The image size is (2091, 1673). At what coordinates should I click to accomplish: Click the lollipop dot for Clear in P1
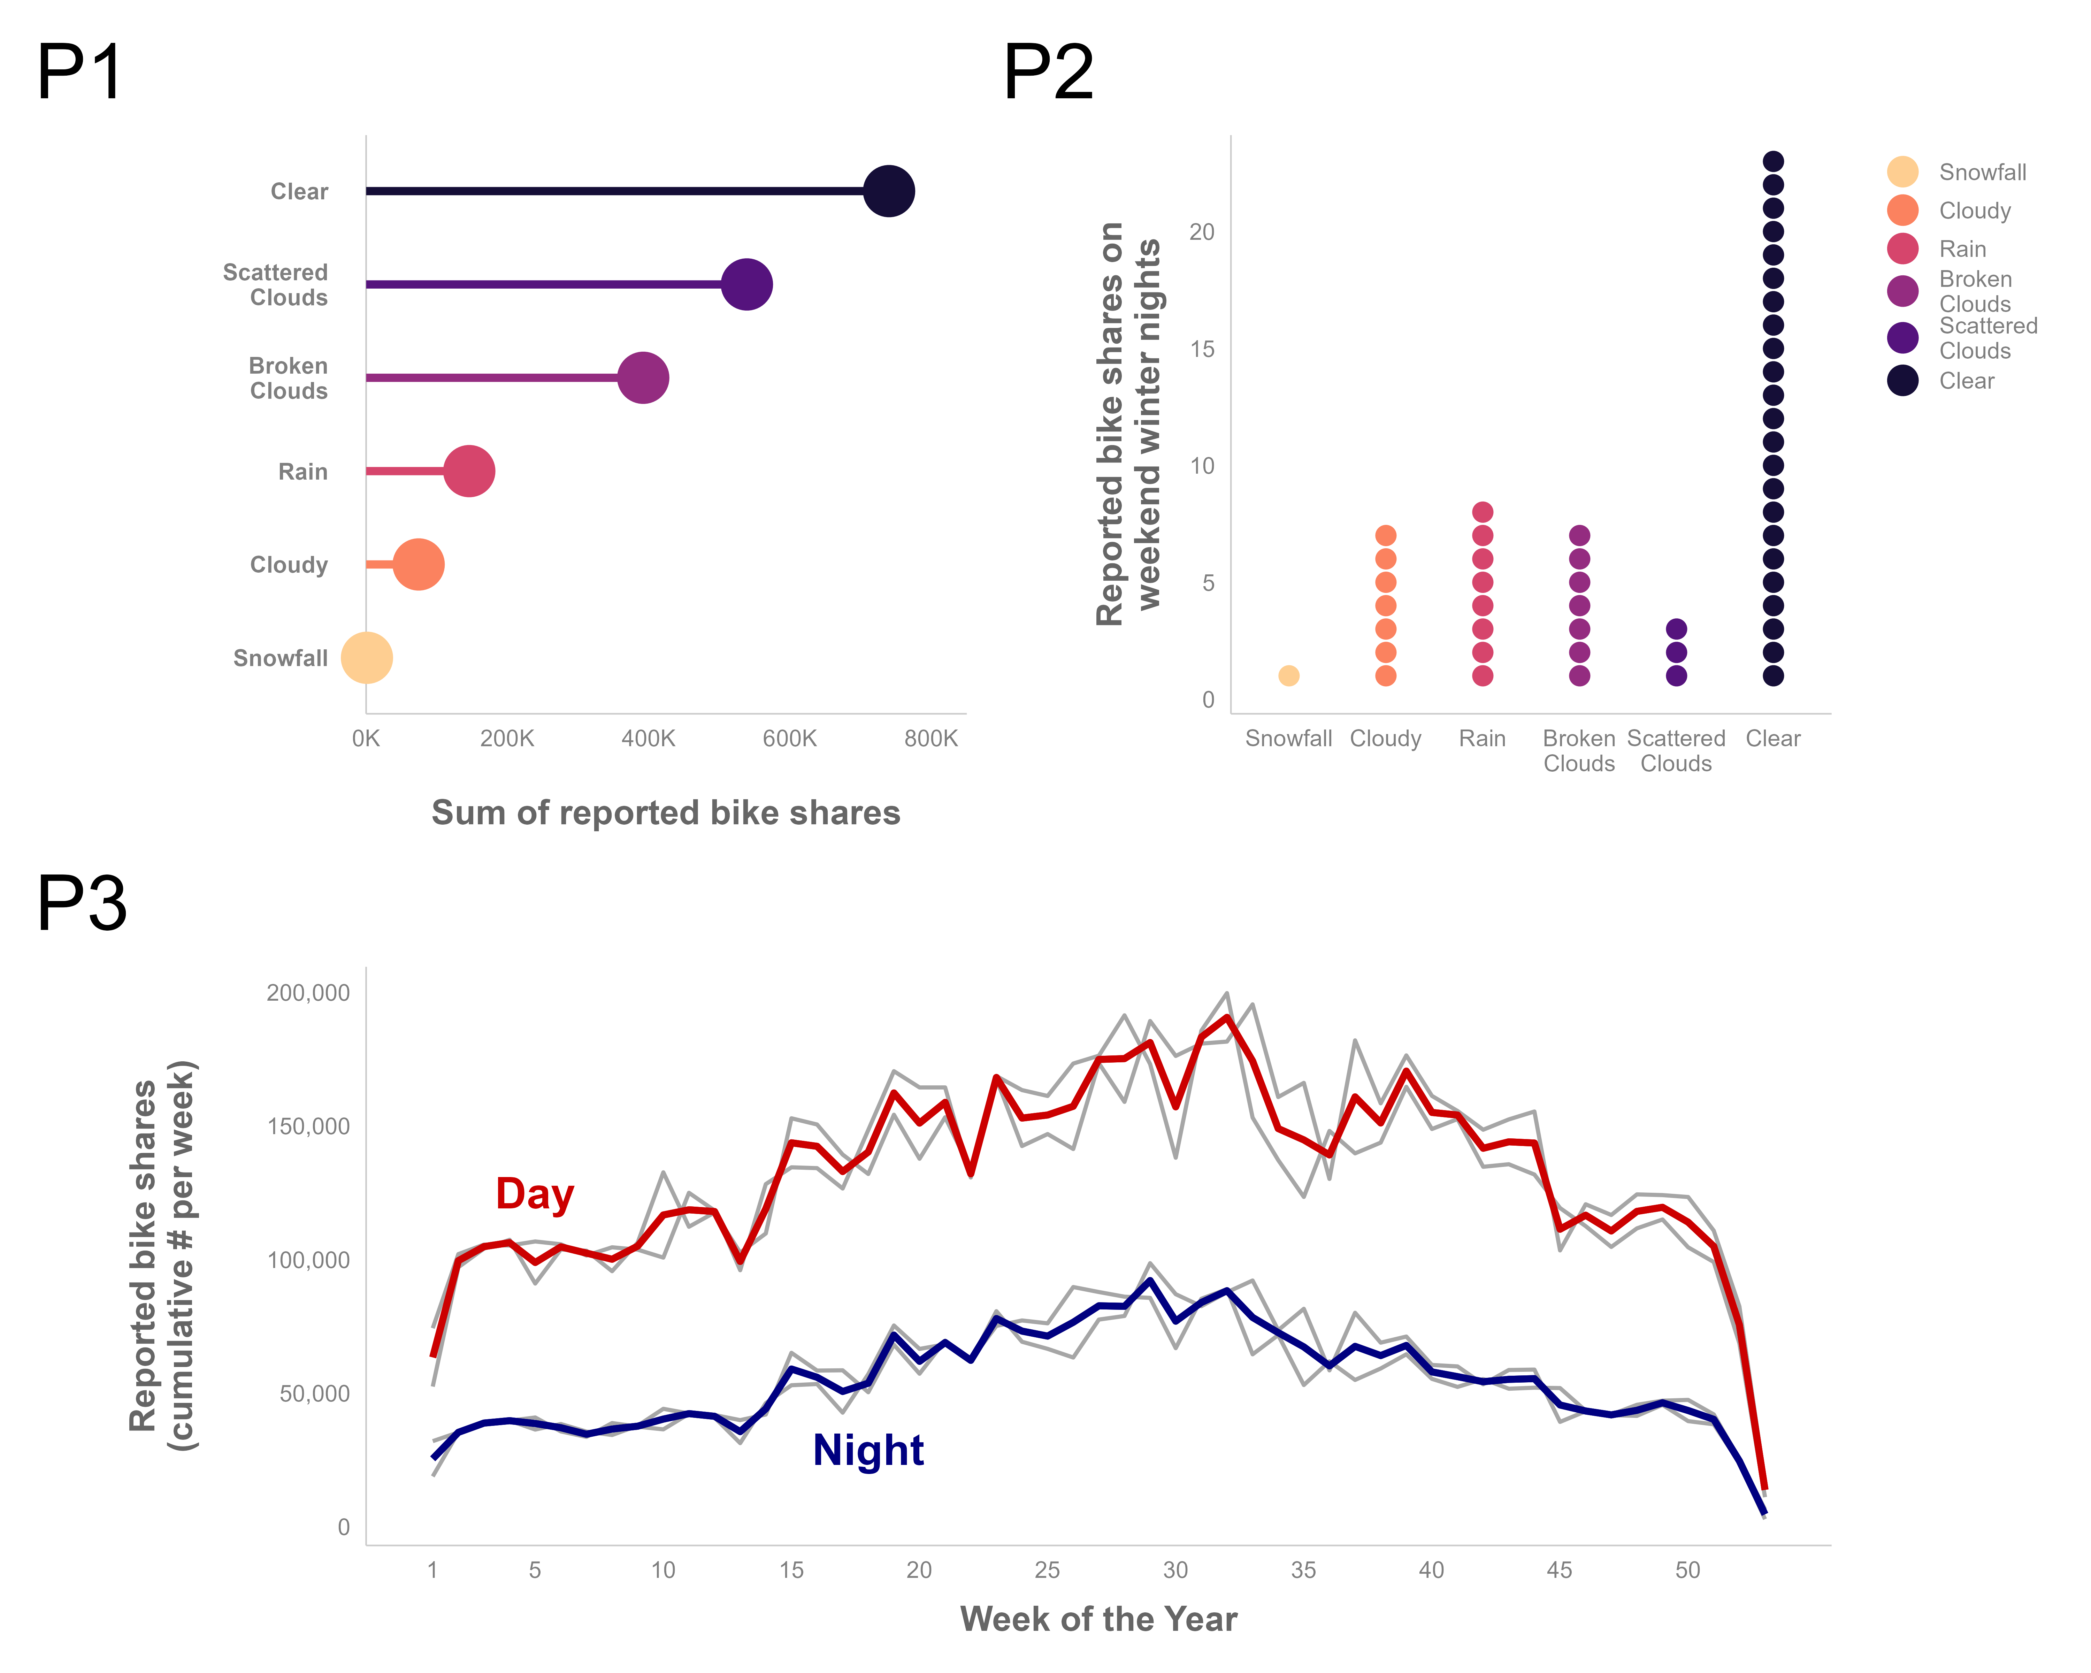pos(888,191)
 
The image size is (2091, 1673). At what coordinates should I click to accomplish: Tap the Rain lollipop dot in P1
pos(469,471)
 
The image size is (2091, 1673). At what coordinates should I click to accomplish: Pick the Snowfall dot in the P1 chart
pos(367,658)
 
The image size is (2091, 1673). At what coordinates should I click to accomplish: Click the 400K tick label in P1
pos(648,739)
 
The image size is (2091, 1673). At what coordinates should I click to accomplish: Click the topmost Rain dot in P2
pos(1482,512)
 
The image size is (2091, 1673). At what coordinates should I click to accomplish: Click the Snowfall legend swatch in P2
pos(1903,172)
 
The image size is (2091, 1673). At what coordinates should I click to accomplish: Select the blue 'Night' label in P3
pos(868,1451)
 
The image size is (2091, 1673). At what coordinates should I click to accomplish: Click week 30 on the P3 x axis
pos(1175,1570)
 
